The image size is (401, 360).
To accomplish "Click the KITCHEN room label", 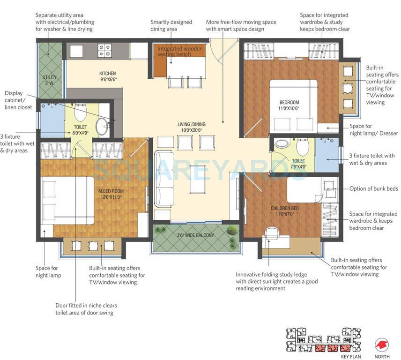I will pyautogui.click(x=107, y=76).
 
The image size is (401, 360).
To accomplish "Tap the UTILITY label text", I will pyautogui.click(x=50, y=80).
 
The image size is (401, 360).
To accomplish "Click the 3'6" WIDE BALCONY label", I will pyautogui.click(x=195, y=235).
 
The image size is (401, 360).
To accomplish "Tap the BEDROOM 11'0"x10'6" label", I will pyautogui.click(x=289, y=105).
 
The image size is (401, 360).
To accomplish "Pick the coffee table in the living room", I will pyautogui.click(x=197, y=180).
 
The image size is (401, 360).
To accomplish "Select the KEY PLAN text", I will pyautogui.click(x=351, y=357).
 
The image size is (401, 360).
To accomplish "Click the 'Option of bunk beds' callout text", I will pyautogui.click(x=373, y=189).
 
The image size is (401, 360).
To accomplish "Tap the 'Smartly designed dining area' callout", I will pyautogui.click(x=171, y=25).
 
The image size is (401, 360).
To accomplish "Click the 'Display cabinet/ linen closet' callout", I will pyautogui.click(x=19, y=100).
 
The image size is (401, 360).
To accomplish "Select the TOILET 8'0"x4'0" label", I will pyautogui.click(x=81, y=130).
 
